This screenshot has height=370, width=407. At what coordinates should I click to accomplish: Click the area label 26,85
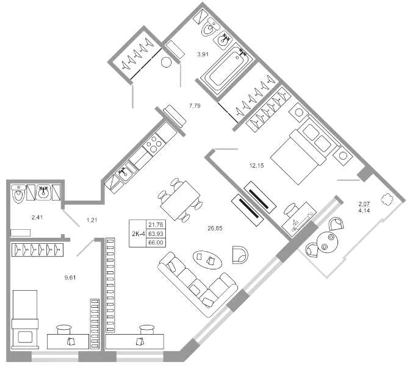(215, 228)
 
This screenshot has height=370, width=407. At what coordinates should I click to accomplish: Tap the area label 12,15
(256, 165)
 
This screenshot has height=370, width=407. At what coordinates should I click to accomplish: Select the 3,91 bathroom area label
(203, 54)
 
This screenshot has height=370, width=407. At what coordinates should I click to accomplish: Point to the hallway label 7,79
(195, 106)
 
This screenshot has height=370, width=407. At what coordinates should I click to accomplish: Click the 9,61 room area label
(70, 277)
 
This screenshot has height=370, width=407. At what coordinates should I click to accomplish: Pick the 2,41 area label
(37, 217)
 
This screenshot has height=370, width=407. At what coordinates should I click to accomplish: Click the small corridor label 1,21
(92, 220)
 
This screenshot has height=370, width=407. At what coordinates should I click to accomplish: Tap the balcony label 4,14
(364, 210)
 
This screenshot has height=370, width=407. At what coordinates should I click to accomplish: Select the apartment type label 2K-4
(138, 233)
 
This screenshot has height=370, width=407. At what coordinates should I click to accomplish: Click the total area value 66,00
(156, 243)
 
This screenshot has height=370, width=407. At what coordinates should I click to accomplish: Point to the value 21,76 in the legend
(156, 224)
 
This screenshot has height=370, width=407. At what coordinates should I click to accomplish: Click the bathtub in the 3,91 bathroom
(227, 69)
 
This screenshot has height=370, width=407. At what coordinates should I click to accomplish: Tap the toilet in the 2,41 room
(19, 193)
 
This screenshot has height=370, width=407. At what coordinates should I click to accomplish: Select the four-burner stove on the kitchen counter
(154, 144)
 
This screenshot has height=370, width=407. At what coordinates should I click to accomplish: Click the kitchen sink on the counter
(125, 173)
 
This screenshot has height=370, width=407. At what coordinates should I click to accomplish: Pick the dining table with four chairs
(180, 201)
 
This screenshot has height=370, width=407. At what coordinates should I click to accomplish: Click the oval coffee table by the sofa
(207, 260)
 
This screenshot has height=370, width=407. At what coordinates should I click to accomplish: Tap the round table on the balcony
(327, 241)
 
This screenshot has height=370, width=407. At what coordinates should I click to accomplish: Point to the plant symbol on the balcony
(387, 199)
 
